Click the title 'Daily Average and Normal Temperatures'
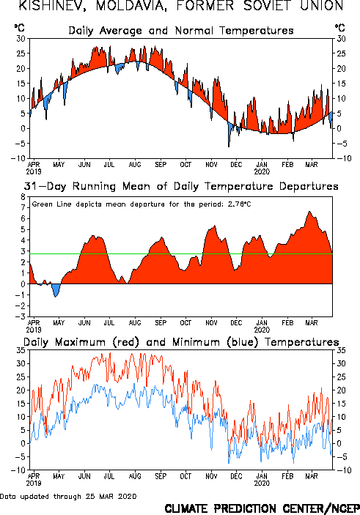[x=181, y=31]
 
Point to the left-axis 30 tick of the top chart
[x=21, y=39]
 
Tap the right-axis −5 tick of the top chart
[x=341, y=144]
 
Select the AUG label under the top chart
[x=135, y=164]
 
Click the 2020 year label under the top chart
[x=262, y=171]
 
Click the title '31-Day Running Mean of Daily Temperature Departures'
[x=181, y=186]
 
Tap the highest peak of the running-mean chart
[x=309, y=212]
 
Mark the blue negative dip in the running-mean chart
[x=56, y=290]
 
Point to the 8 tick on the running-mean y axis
[x=23, y=197]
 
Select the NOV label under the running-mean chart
[x=211, y=323]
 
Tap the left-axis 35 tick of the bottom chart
[x=21, y=350]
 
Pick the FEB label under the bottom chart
[x=287, y=476]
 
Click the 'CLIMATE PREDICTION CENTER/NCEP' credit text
[x=262, y=508]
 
